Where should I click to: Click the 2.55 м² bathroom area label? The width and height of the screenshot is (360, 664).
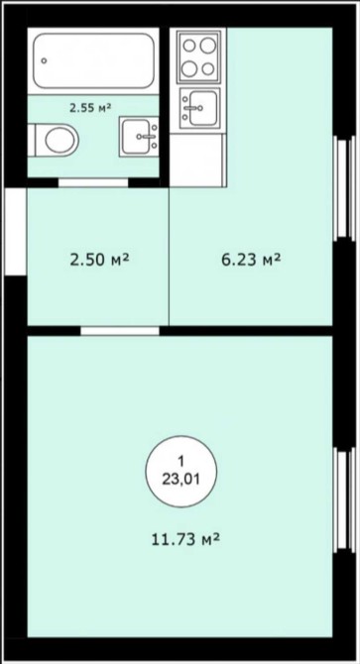pyautogui.click(x=90, y=108)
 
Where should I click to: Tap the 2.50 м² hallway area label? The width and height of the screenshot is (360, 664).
pyautogui.click(x=99, y=260)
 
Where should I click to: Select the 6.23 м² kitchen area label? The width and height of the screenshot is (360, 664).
pyautogui.click(x=251, y=260)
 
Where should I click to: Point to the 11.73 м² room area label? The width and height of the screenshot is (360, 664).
pyautogui.click(x=185, y=539)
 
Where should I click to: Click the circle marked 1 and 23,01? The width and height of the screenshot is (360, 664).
pyautogui.click(x=181, y=472)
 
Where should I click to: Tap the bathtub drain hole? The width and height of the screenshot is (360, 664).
pyautogui.click(x=44, y=61)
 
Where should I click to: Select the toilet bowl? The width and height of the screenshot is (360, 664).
pyautogui.click(x=54, y=140)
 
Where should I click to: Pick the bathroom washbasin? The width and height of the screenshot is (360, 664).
pyautogui.click(x=139, y=136)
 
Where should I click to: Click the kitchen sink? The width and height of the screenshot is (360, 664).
pyautogui.click(x=200, y=108)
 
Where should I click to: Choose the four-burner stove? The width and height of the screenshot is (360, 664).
pyautogui.click(x=198, y=56)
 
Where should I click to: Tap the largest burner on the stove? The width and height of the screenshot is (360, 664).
pyautogui.click(x=208, y=46)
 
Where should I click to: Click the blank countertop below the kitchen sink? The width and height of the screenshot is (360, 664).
pyautogui.click(x=196, y=161)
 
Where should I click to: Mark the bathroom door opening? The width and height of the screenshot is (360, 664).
pyautogui.click(x=93, y=182)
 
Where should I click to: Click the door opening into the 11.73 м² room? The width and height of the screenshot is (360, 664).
pyautogui.click(x=120, y=331)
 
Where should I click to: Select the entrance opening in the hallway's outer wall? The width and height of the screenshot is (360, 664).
pyautogui.click(x=15, y=231)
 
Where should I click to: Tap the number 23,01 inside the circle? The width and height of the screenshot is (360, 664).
pyautogui.click(x=181, y=480)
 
